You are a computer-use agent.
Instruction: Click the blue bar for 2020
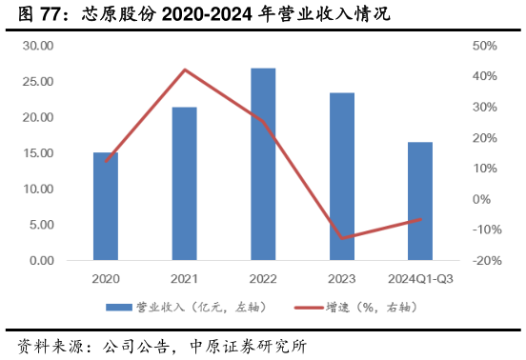106,206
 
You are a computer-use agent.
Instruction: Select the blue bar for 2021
184,183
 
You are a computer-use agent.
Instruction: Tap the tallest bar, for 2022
263,164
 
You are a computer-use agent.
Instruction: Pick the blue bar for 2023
341,176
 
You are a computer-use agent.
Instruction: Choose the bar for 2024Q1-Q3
420,201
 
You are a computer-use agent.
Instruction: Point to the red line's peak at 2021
184,70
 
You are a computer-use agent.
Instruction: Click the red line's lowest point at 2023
341,238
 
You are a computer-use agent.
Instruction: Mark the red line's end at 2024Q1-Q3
420,219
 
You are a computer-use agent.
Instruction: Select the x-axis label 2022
263,279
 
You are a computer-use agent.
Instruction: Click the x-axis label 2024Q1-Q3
420,279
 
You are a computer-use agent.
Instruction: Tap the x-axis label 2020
106,279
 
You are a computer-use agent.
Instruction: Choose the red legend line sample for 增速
309,308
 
